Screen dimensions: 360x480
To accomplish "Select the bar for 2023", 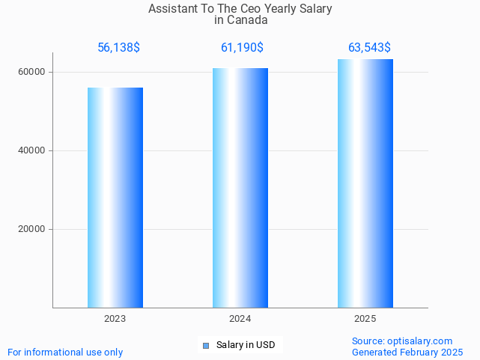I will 115,198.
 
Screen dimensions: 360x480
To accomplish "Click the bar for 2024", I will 240,188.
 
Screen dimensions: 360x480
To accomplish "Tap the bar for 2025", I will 365,183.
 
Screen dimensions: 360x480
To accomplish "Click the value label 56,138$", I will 118,48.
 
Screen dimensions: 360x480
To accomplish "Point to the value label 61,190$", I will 242,48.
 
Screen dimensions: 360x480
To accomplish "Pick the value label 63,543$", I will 369,48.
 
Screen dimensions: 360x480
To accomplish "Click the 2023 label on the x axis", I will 115,319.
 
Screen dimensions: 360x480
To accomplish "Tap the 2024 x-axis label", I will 240,319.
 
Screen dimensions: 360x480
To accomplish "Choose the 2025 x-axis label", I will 365,319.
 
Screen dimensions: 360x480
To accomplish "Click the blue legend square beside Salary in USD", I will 206,345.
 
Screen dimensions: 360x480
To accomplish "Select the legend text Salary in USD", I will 246,345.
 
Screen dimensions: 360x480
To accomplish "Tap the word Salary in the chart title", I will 316,9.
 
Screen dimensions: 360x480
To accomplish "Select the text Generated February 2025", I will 407,352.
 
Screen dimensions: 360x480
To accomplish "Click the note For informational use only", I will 65,352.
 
